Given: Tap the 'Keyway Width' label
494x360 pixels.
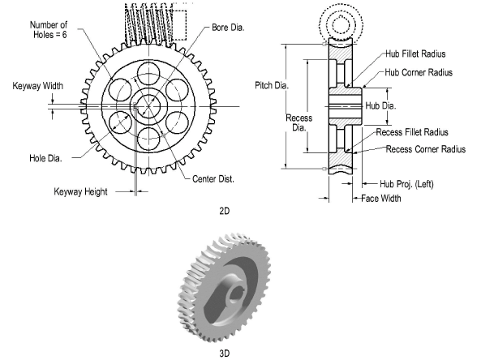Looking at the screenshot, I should click(x=37, y=85).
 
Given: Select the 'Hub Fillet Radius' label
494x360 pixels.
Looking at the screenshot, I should click(x=416, y=54).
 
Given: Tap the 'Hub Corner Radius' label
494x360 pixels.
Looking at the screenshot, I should click(x=419, y=72).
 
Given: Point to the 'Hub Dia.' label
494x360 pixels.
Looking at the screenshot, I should click(x=383, y=105).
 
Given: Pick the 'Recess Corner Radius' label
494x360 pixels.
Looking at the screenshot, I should click(x=425, y=149).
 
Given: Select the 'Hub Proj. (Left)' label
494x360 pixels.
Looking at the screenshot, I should click(x=402, y=183).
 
